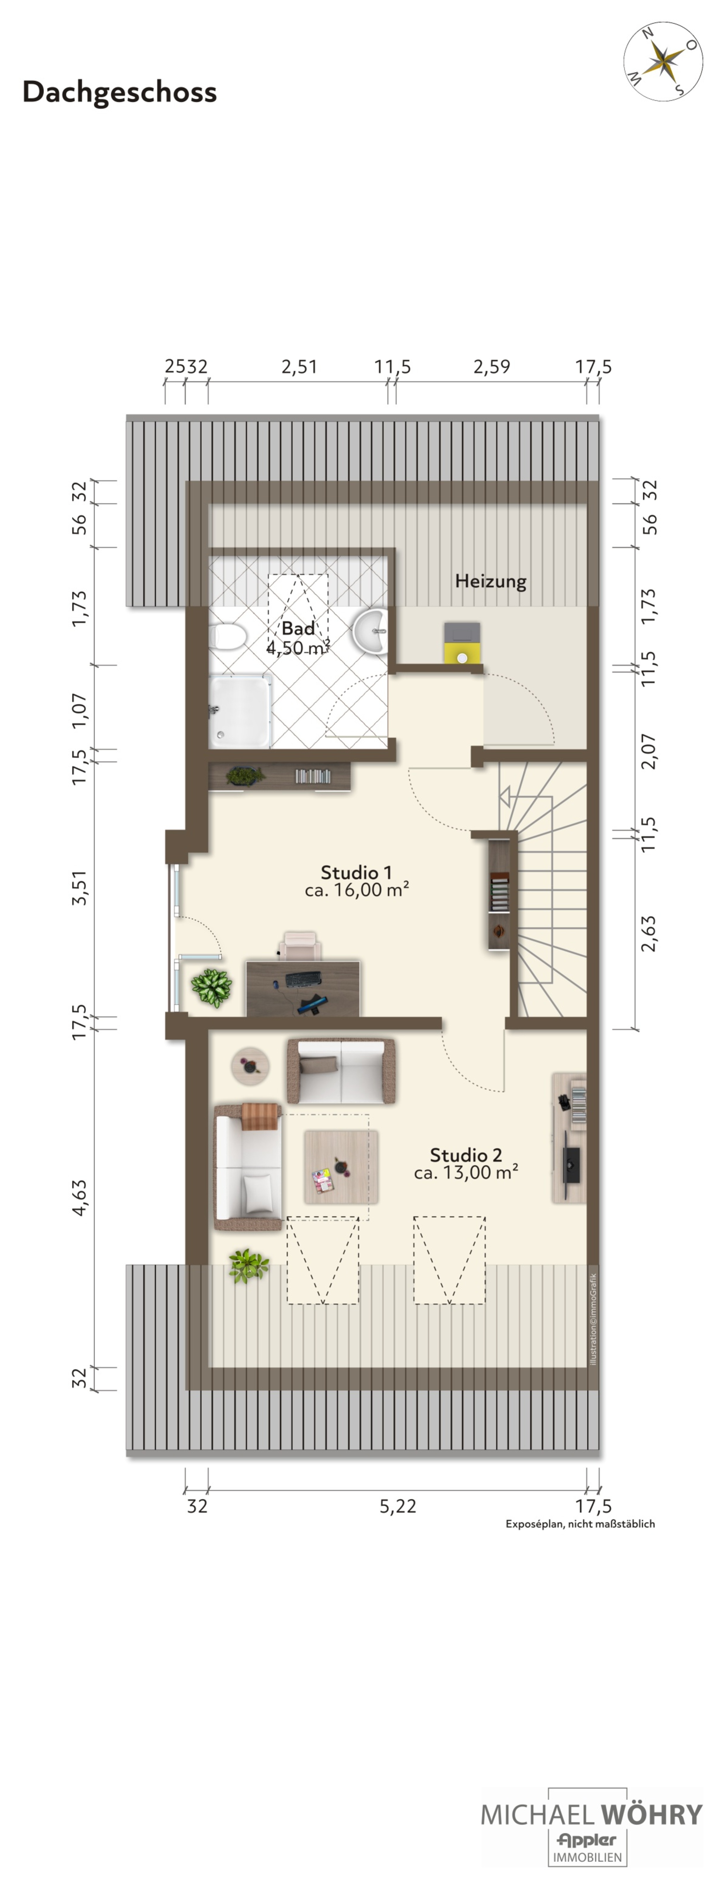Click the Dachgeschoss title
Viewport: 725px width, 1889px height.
(120, 92)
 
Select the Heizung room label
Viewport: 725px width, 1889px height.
(491, 581)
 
